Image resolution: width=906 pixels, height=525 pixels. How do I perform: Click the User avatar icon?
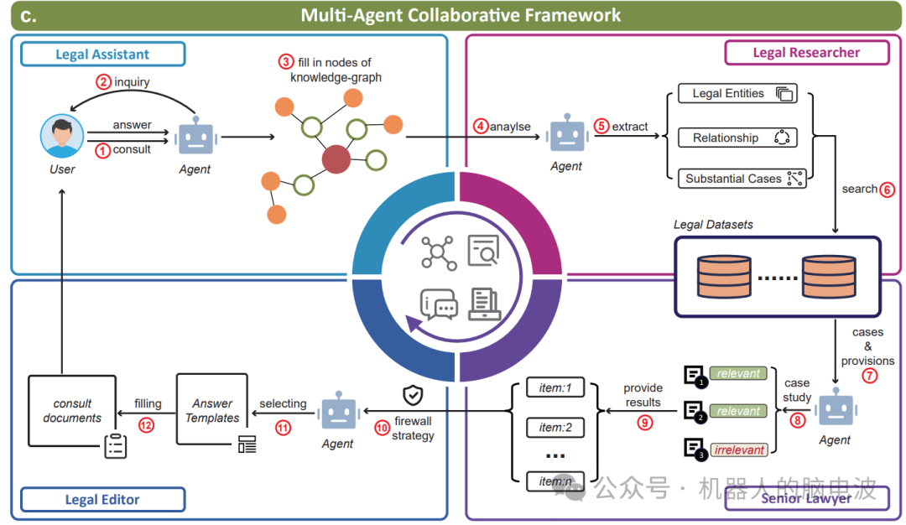[62, 137]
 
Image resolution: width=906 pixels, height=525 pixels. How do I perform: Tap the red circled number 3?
[287, 62]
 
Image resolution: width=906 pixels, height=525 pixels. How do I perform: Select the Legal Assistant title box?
[102, 55]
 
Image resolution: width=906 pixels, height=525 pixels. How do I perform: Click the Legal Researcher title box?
[805, 52]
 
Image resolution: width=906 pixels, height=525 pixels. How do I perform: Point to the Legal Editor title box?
[102, 500]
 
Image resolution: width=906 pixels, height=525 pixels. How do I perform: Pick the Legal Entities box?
[737, 94]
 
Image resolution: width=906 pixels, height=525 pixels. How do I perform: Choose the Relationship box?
[737, 138]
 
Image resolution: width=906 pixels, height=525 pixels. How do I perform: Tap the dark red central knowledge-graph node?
[336, 159]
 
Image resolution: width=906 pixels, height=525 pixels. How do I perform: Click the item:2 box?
[555, 428]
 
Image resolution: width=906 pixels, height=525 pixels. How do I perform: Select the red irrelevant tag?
[739, 450]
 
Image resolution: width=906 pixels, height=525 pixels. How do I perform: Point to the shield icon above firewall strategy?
[412, 395]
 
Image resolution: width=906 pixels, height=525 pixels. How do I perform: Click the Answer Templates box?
[212, 410]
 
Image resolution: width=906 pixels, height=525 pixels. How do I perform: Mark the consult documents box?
[72, 410]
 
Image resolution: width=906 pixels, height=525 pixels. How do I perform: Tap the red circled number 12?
[147, 425]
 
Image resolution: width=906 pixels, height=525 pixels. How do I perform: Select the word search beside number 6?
[859, 189]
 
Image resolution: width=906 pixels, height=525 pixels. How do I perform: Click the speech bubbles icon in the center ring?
[438, 305]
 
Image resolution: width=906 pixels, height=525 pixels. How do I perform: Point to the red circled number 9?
[644, 423]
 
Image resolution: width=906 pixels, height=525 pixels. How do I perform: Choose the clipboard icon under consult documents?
[115, 446]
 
